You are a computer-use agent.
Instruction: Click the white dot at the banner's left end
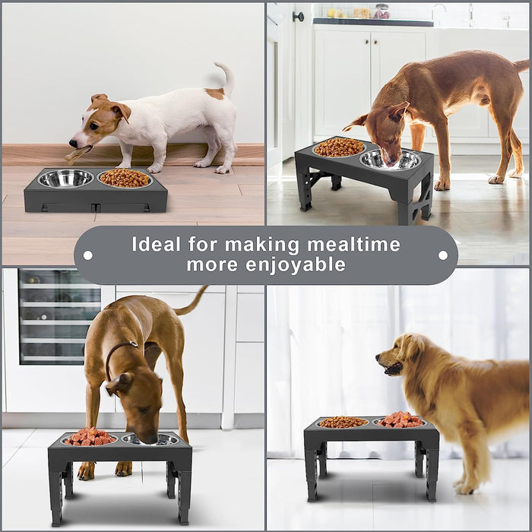pyautogui.click(x=88, y=255)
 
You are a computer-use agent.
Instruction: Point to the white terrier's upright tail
pyautogui.click(x=225, y=76)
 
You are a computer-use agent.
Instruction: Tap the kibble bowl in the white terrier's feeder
pyautogui.click(x=125, y=179)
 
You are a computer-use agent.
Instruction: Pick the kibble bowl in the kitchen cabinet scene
pyautogui.click(x=339, y=147)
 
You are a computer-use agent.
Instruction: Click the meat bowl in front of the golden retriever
pyautogui.click(x=401, y=420)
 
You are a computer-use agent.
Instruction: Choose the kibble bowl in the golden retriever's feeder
pyautogui.click(x=342, y=422)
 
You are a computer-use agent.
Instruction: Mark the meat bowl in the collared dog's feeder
pyautogui.click(x=90, y=437)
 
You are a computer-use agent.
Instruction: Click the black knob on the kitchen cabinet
pyautogui.click(x=299, y=16)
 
